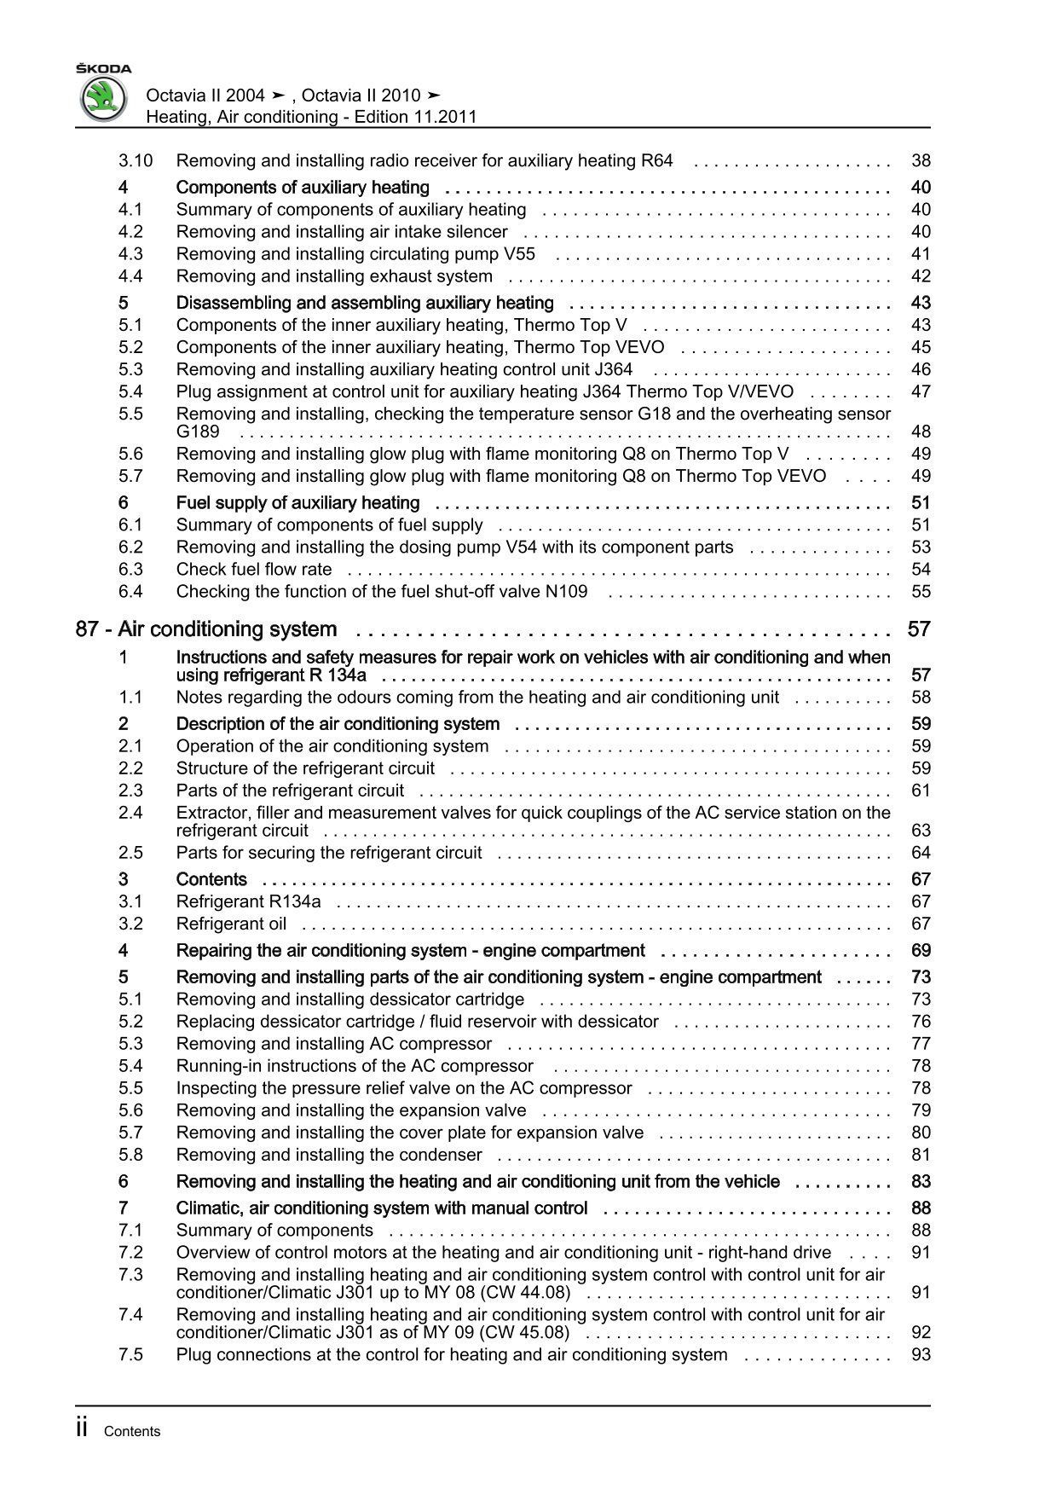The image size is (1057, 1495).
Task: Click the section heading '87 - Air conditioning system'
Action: pos(206,629)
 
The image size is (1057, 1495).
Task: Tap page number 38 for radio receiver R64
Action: pos(921,160)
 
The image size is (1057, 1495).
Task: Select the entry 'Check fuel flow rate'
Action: pos(254,569)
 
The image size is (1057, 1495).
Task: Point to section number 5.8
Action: pos(130,1155)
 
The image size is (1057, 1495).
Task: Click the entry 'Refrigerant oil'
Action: pos(231,924)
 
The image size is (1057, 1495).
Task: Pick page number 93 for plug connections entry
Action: pos(921,1354)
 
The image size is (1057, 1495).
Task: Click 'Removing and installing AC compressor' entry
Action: pos(334,1044)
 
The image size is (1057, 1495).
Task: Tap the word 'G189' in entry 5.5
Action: pos(198,432)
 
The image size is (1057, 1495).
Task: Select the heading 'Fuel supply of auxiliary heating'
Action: pos(297,502)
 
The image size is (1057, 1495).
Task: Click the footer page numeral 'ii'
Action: pos(82,1429)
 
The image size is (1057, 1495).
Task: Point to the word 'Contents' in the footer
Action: pos(132,1432)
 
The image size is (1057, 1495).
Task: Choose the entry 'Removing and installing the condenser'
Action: pos(329,1155)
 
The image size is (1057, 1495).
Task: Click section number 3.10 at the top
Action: pos(136,160)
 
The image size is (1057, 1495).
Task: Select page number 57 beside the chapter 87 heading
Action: pos(919,629)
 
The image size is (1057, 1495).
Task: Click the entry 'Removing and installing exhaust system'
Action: pos(334,276)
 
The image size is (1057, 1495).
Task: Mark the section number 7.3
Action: pos(130,1274)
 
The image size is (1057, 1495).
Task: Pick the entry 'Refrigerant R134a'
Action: pos(249,901)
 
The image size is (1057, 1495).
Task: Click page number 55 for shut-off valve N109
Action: pos(921,591)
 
